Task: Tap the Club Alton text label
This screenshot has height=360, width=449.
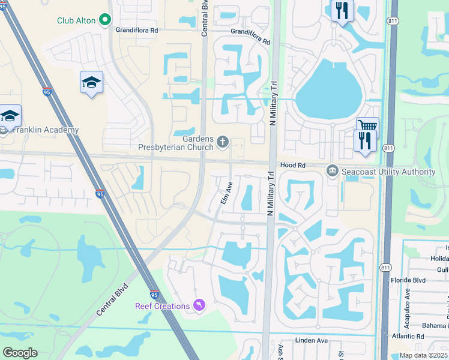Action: click(x=76, y=20)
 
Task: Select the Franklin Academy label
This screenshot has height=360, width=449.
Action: click(x=46, y=130)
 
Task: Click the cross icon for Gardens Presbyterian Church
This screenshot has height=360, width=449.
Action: click(x=222, y=142)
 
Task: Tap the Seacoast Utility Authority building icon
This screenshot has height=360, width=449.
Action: click(x=332, y=172)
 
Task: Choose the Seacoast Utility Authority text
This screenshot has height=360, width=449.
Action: click(x=388, y=172)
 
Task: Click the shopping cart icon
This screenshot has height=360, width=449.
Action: click(x=367, y=126)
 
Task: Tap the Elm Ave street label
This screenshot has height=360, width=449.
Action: click(x=226, y=193)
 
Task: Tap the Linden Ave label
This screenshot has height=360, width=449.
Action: click(x=313, y=340)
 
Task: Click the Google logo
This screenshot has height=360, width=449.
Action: click(x=20, y=353)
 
